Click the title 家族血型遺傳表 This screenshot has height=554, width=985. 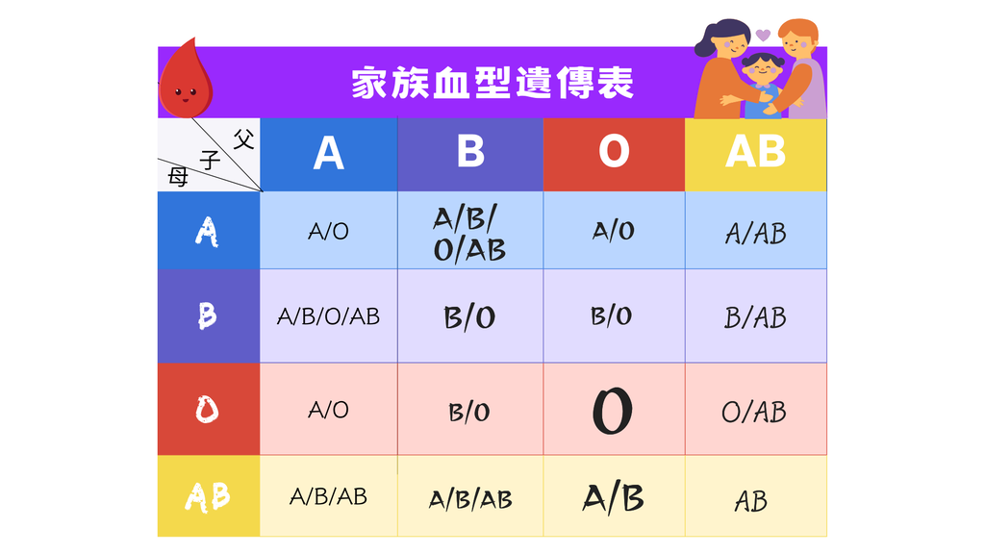[492, 83]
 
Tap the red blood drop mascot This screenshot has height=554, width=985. [186, 79]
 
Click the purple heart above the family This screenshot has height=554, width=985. [763, 35]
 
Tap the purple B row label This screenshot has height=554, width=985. [209, 315]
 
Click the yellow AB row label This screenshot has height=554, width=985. [209, 496]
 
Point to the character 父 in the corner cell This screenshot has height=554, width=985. [243, 138]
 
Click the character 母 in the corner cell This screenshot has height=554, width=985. [178, 177]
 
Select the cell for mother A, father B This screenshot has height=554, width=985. [469, 231]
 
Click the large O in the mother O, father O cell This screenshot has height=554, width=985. [613, 411]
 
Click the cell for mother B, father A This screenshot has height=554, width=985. [329, 315]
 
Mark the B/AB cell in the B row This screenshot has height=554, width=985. [756, 315]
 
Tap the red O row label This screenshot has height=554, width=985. [209, 409]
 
